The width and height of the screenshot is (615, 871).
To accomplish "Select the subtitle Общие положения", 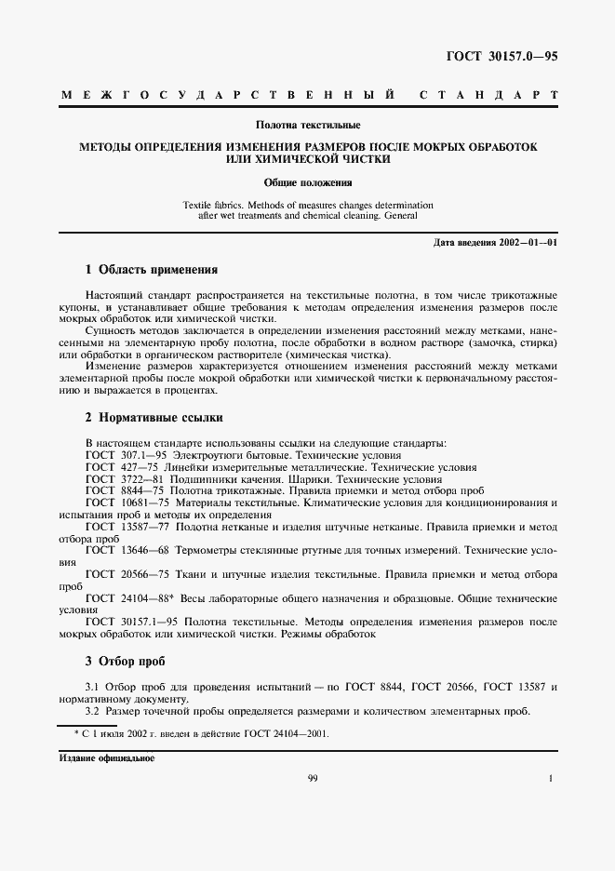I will coord(306,182).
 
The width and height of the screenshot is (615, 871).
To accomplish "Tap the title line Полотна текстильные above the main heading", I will coord(308,125).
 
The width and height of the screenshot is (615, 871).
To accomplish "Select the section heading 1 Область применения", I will coord(151,270).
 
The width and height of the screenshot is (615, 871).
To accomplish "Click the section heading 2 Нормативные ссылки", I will coord(154,418).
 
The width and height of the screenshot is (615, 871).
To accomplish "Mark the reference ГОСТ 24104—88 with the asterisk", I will coord(129,598).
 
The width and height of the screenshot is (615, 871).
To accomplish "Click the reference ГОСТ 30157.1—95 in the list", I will coord(129,622).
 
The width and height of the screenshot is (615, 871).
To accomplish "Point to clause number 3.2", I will coord(93,712).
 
